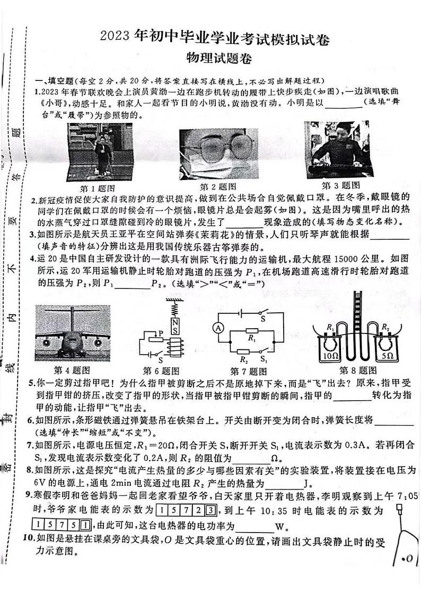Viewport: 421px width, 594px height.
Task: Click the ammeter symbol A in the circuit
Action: click(x=216, y=328)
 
